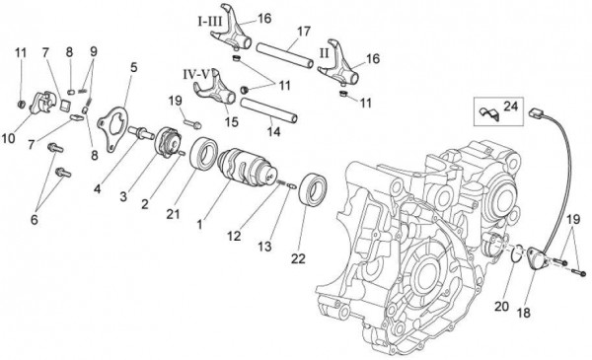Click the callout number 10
[x=10, y=139]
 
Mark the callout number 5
[x=133, y=68]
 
